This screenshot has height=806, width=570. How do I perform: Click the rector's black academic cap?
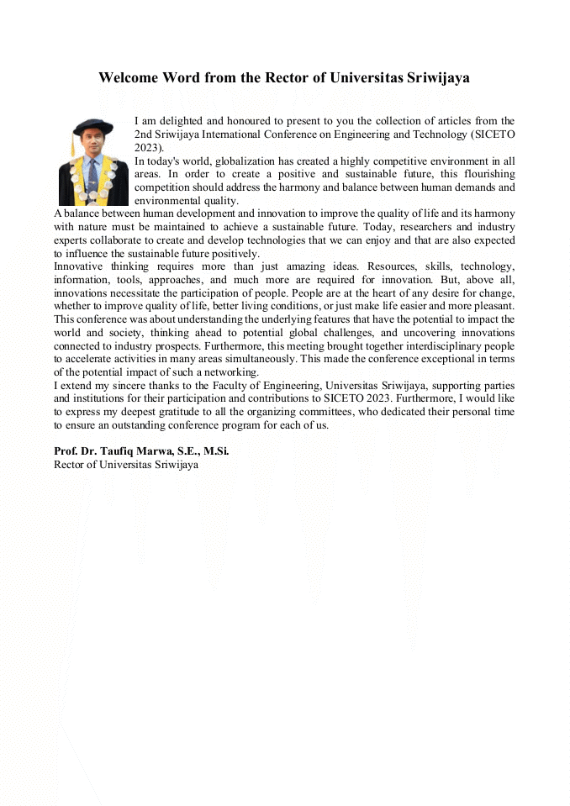(x=92, y=127)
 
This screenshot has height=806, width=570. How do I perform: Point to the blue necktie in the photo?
(x=93, y=171)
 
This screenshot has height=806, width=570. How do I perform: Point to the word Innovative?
(x=80, y=266)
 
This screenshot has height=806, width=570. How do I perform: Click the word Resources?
(x=387, y=266)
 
